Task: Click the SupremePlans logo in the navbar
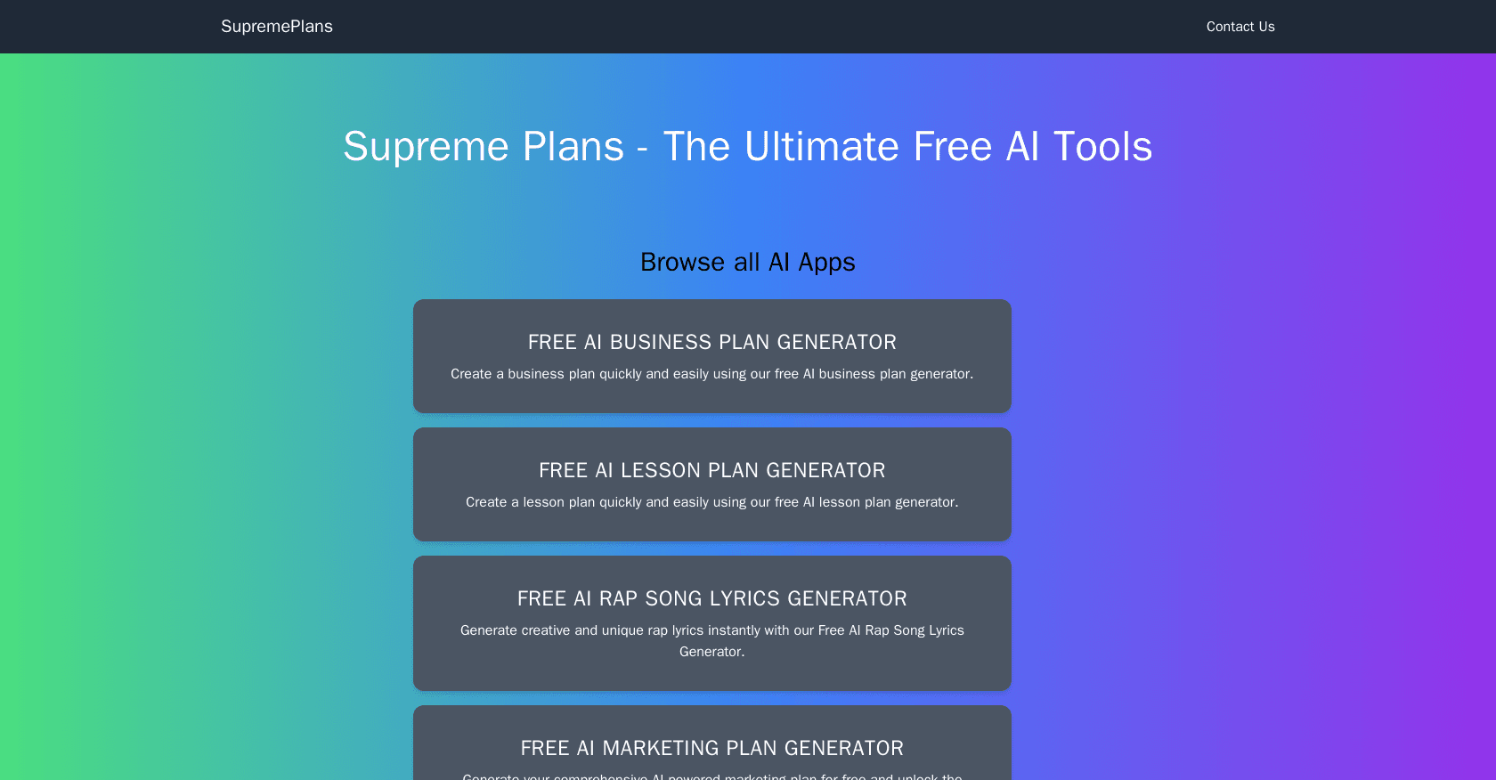(277, 27)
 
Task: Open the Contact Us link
(1240, 27)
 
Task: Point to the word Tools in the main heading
(1102, 147)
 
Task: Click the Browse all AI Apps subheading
(748, 263)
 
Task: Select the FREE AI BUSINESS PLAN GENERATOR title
(712, 342)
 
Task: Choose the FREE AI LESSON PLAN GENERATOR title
(712, 470)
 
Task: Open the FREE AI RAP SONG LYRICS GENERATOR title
(712, 598)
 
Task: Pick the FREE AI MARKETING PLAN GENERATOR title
(712, 748)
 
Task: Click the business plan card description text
(712, 374)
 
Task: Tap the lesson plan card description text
(712, 502)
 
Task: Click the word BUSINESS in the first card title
(661, 342)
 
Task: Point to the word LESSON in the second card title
(661, 470)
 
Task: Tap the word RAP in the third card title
(619, 598)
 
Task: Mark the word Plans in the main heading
(573, 147)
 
